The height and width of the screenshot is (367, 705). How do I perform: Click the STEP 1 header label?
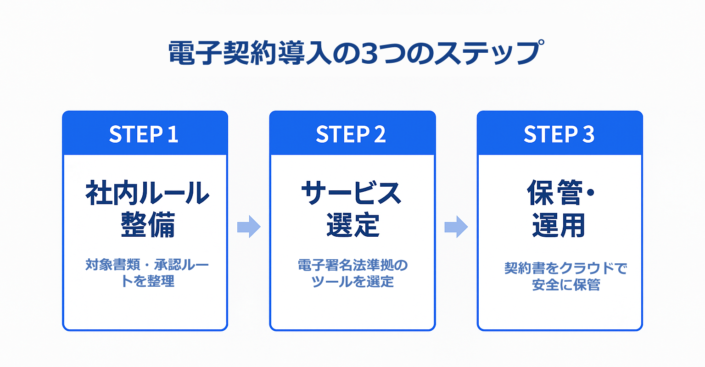click(144, 134)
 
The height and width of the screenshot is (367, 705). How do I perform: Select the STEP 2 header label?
click(351, 134)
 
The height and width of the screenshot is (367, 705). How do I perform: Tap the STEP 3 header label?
click(559, 134)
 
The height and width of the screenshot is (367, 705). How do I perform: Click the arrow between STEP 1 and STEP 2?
click(249, 227)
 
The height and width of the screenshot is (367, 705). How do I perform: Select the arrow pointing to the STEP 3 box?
click(456, 227)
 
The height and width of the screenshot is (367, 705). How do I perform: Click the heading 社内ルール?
click(147, 193)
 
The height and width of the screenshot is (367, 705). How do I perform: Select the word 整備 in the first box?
click(147, 225)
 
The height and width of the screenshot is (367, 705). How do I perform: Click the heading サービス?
click(352, 193)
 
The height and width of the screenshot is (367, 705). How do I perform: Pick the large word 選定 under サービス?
click(352, 225)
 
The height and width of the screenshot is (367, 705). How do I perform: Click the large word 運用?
click(559, 225)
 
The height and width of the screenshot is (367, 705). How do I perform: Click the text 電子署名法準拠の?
click(352, 265)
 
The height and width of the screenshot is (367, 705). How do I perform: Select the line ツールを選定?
click(352, 281)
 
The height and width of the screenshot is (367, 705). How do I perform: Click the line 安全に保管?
click(566, 285)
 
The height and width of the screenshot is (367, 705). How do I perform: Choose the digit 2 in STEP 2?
click(380, 134)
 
